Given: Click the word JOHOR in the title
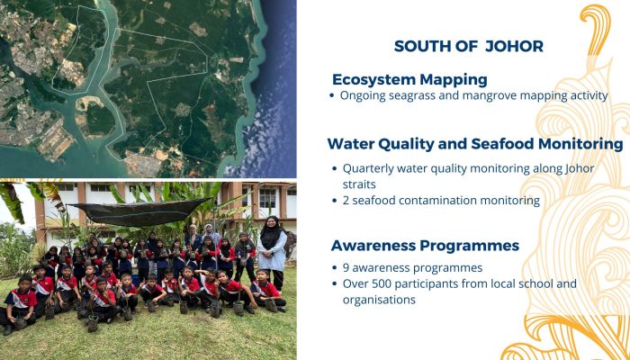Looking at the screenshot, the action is (514, 46).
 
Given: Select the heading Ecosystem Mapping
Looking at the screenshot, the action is (409, 79).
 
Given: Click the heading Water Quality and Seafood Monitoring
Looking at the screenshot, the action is (475, 144).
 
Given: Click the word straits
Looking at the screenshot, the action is (359, 184).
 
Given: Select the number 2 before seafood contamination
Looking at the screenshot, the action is (346, 201).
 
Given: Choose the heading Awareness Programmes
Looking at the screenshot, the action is (425, 246).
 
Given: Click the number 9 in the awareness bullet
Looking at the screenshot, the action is (346, 268).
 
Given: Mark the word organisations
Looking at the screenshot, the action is (379, 300).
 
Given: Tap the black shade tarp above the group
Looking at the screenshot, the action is (139, 212).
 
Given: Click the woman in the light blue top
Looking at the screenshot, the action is (273, 250).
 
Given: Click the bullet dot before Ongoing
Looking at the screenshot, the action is (332, 96).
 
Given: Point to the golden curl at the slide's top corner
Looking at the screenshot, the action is (596, 28).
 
